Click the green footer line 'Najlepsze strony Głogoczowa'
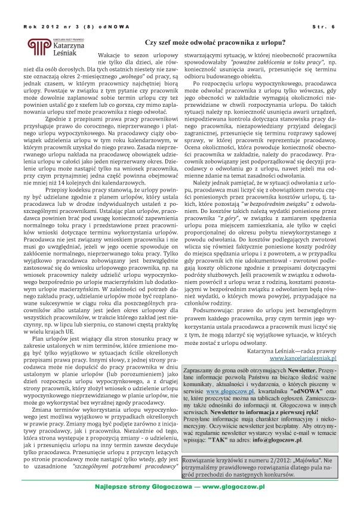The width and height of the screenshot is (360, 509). [179, 486]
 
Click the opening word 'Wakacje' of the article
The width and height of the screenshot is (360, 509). [109, 54]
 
